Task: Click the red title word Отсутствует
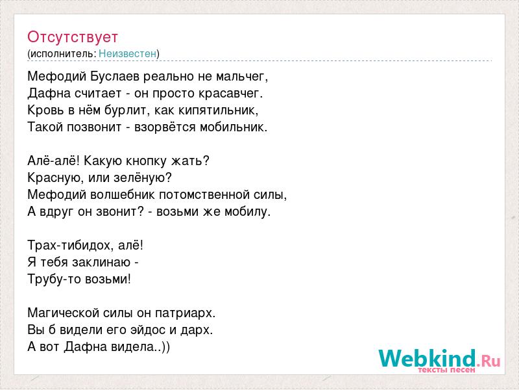[x=73, y=37]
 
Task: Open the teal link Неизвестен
[x=127, y=53]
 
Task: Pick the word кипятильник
[x=217, y=110]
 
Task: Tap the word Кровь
[x=46, y=110]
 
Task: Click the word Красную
[x=56, y=178]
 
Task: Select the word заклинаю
[x=101, y=263]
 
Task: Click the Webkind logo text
[x=439, y=359]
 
